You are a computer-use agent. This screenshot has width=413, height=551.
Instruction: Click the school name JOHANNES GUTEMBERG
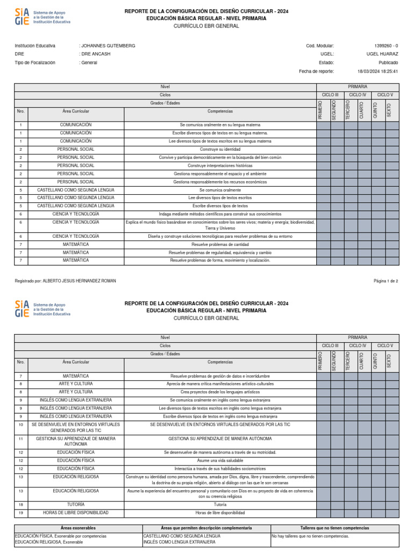[x=108, y=46]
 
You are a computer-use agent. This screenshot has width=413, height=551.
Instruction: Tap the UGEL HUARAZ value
[x=382, y=54]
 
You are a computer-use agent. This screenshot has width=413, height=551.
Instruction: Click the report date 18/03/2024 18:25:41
[x=378, y=71]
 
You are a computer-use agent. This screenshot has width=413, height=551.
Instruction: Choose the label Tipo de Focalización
[x=35, y=62]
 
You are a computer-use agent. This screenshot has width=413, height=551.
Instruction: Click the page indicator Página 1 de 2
[x=386, y=281]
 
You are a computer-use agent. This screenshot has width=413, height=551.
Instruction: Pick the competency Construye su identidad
[x=220, y=149]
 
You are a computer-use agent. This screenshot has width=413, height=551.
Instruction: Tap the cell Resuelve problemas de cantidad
[x=220, y=244]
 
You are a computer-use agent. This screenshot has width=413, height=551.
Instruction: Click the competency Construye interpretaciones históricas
[x=220, y=166]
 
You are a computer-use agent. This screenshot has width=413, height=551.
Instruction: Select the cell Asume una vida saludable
[x=220, y=461]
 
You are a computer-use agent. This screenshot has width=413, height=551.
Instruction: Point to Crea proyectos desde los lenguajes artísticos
[x=220, y=392]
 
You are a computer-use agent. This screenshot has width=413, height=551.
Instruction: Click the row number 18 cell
[x=20, y=505]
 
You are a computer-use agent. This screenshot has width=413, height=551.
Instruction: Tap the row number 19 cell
[x=20, y=513]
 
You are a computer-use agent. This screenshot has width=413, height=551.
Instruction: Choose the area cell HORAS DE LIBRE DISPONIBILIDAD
[x=76, y=513]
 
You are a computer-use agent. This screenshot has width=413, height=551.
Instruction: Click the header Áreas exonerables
[x=78, y=528]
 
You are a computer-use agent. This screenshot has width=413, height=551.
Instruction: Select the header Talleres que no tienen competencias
[x=334, y=528]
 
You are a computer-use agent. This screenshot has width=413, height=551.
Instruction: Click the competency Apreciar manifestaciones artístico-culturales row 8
[x=220, y=384]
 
